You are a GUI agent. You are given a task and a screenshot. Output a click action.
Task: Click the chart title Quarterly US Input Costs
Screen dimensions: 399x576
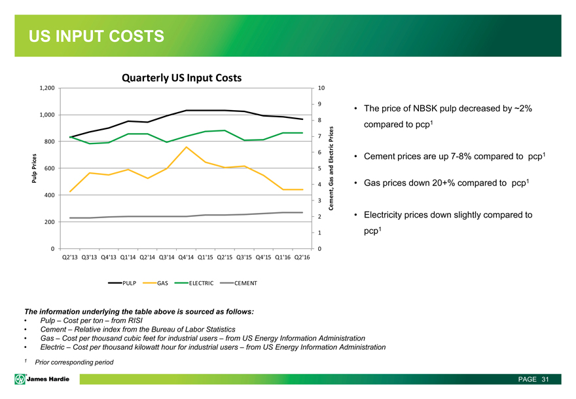pos(181,77)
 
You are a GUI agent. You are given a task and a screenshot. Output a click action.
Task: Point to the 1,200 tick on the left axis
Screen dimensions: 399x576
pos(44,88)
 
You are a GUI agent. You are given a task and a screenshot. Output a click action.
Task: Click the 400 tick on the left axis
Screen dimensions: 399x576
pos(47,195)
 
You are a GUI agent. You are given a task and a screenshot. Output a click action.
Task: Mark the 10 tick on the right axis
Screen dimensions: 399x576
pos(321,88)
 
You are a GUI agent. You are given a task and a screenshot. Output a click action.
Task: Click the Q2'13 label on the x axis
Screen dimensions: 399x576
pos(69,257)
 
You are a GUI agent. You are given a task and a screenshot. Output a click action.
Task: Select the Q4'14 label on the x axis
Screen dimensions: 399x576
pos(187,257)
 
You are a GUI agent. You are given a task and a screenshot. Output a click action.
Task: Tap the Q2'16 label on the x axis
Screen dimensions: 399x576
pos(302,257)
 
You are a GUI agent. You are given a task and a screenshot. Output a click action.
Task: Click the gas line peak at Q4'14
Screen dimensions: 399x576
pos(187,147)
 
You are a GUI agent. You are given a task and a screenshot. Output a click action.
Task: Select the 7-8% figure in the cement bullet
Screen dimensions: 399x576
pos(469,157)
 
